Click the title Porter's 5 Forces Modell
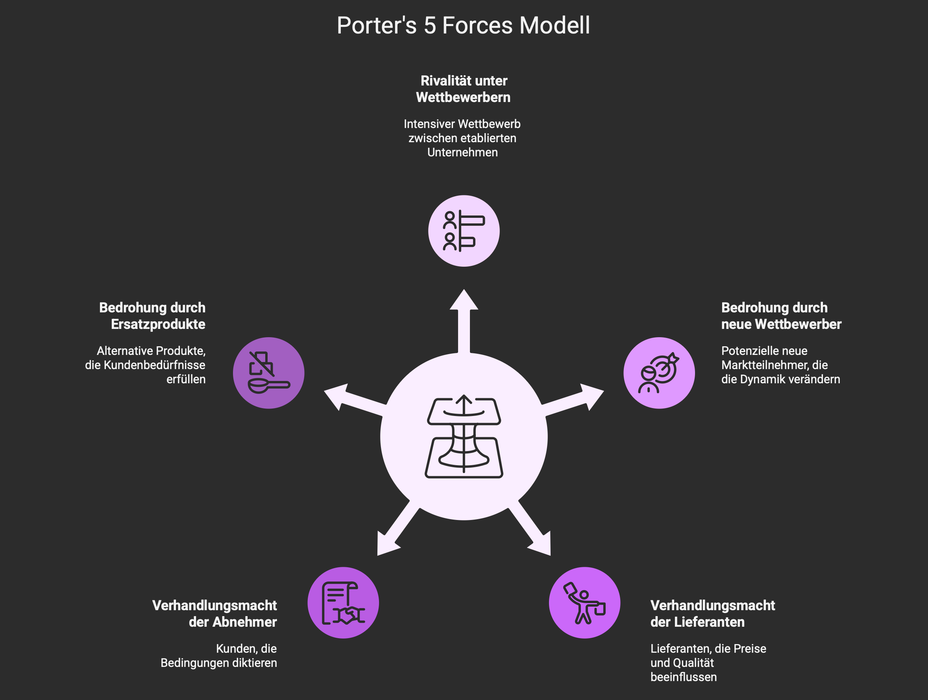(x=463, y=25)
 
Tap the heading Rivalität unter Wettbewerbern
(x=464, y=89)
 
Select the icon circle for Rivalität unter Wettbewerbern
(x=464, y=231)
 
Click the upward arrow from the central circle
(x=464, y=321)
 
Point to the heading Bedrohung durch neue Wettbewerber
(x=781, y=316)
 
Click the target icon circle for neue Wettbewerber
(x=659, y=373)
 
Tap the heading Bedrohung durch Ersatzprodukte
(x=153, y=316)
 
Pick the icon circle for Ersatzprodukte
(x=268, y=373)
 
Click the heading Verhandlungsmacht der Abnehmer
(x=215, y=613)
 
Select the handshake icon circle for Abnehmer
(x=343, y=603)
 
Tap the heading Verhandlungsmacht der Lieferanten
(x=712, y=613)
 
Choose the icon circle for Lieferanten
(x=584, y=603)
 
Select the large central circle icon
(x=464, y=437)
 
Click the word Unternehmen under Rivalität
(x=462, y=152)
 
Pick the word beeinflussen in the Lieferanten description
(x=684, y=677)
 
